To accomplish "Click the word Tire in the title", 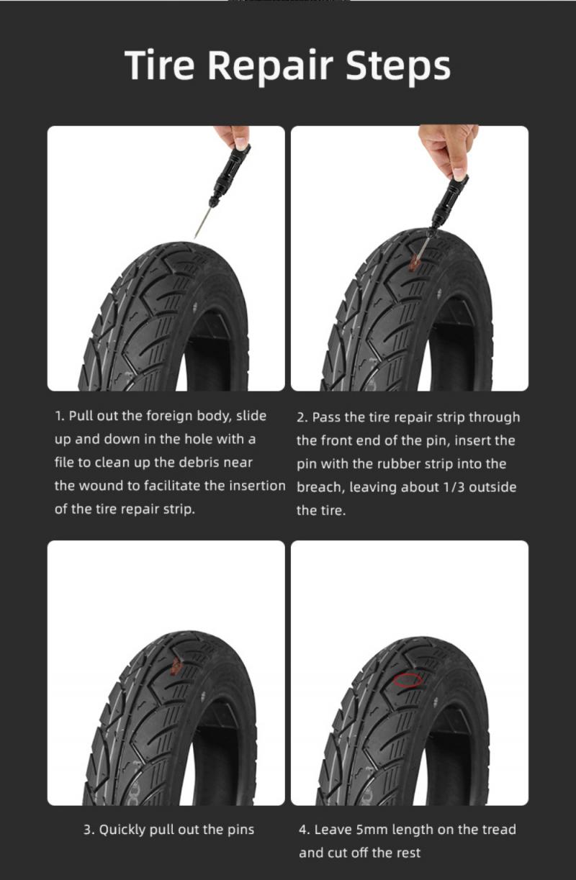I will (161, 65).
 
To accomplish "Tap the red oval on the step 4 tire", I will (408, 679).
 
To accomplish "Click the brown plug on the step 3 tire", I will (176, 667).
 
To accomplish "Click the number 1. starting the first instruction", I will (60, 416).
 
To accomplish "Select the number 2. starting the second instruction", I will (302, 417).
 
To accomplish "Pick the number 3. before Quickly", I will (89, 830).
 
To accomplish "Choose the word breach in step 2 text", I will (320, 487).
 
